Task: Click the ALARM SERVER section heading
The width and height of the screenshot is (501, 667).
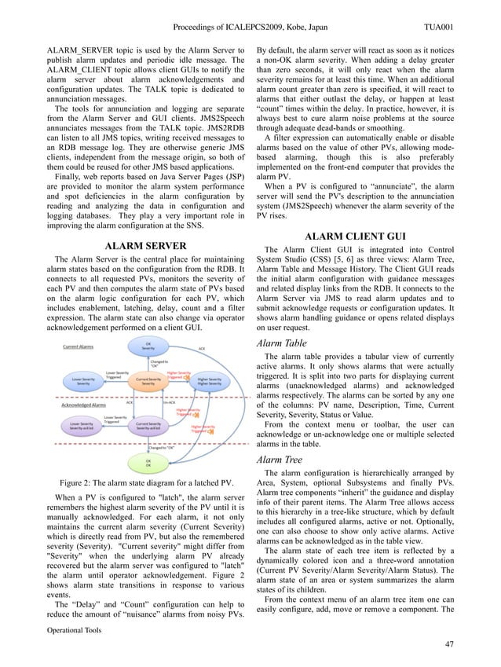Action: [145, 246]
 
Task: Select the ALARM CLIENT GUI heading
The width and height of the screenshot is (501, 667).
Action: [354, 236]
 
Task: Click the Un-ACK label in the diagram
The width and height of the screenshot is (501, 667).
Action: [169, 402]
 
